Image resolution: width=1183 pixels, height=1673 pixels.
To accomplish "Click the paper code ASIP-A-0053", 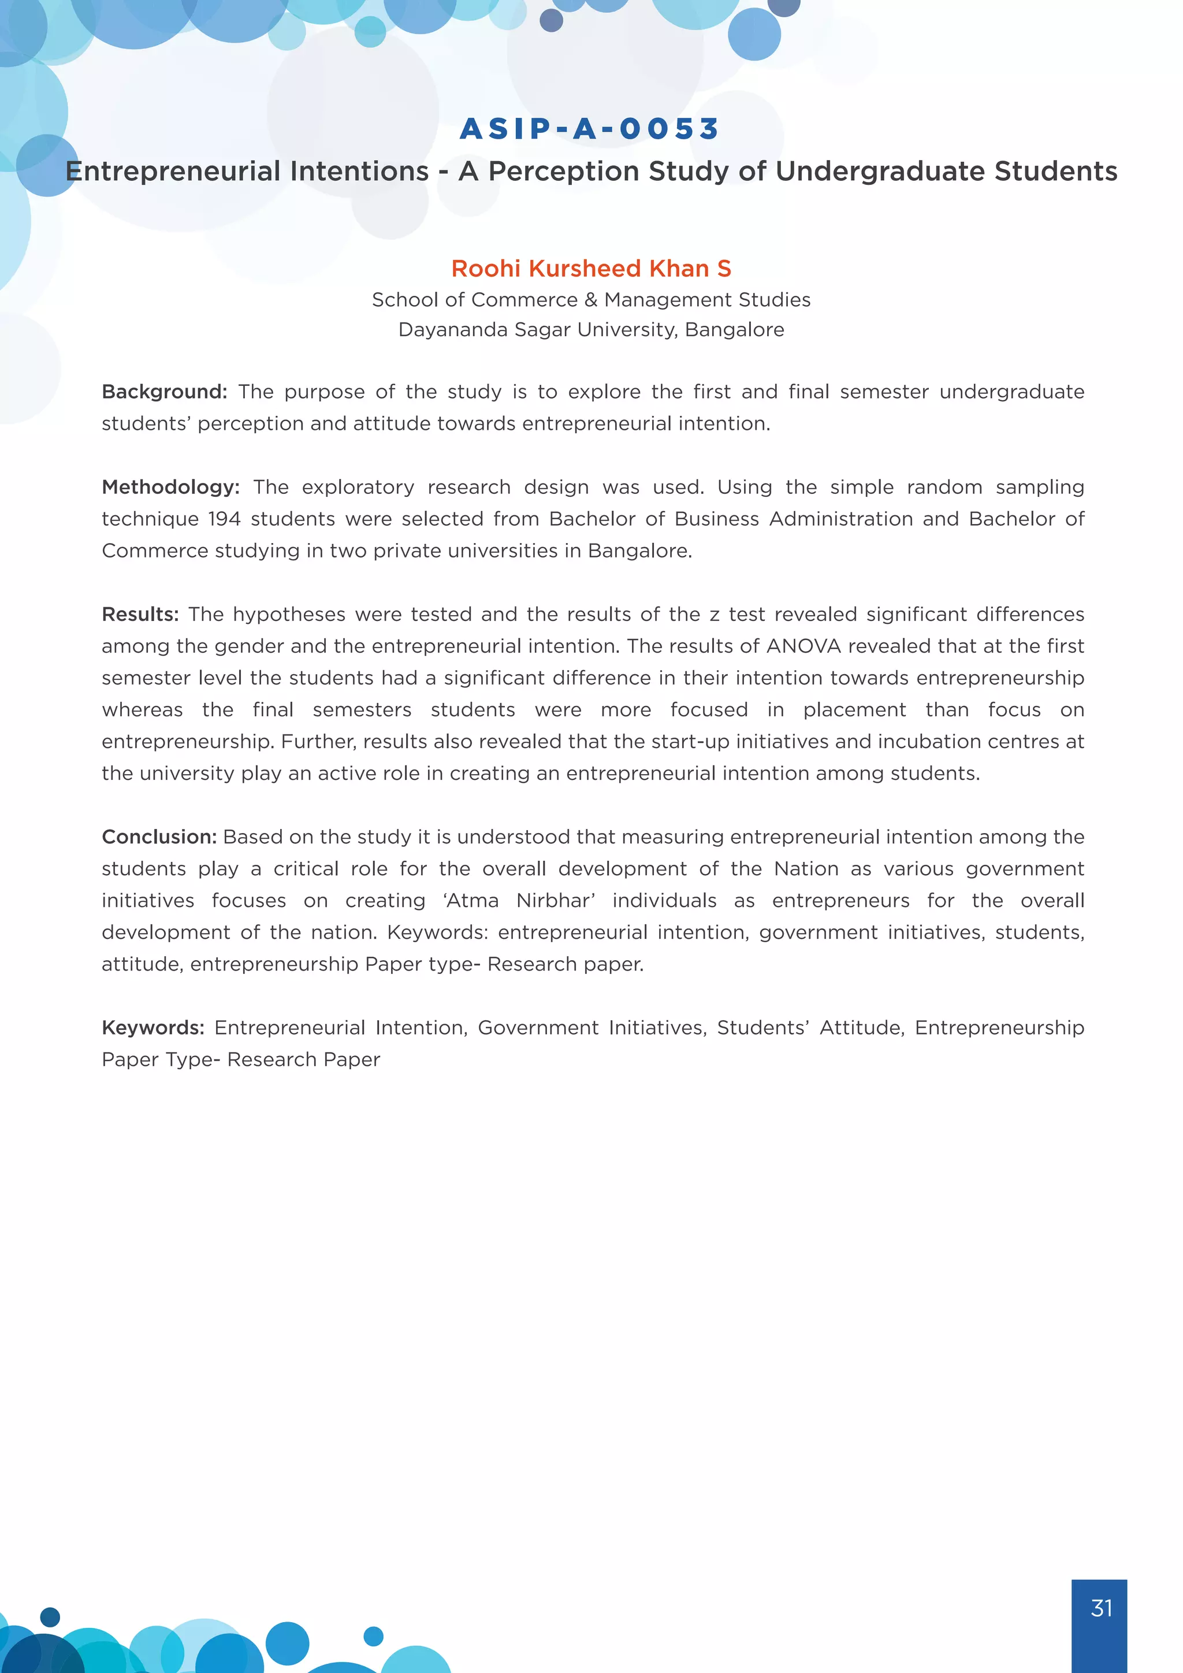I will tap(590, 129).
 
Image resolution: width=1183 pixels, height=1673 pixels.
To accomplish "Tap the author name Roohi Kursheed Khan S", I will tap(591, 269).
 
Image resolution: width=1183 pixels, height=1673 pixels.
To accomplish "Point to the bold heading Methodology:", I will tap(170, 488).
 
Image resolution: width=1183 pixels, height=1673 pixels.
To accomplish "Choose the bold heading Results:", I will tap(140, 614).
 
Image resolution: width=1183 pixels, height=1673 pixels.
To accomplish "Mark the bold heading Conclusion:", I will tap(159, 837).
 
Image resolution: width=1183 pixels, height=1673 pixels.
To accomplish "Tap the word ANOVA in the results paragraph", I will tap(803, 646).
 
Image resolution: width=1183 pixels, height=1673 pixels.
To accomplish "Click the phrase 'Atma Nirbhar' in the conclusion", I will tap(519, 901).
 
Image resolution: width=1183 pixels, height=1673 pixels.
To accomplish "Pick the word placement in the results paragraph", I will tap(854, 710).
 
